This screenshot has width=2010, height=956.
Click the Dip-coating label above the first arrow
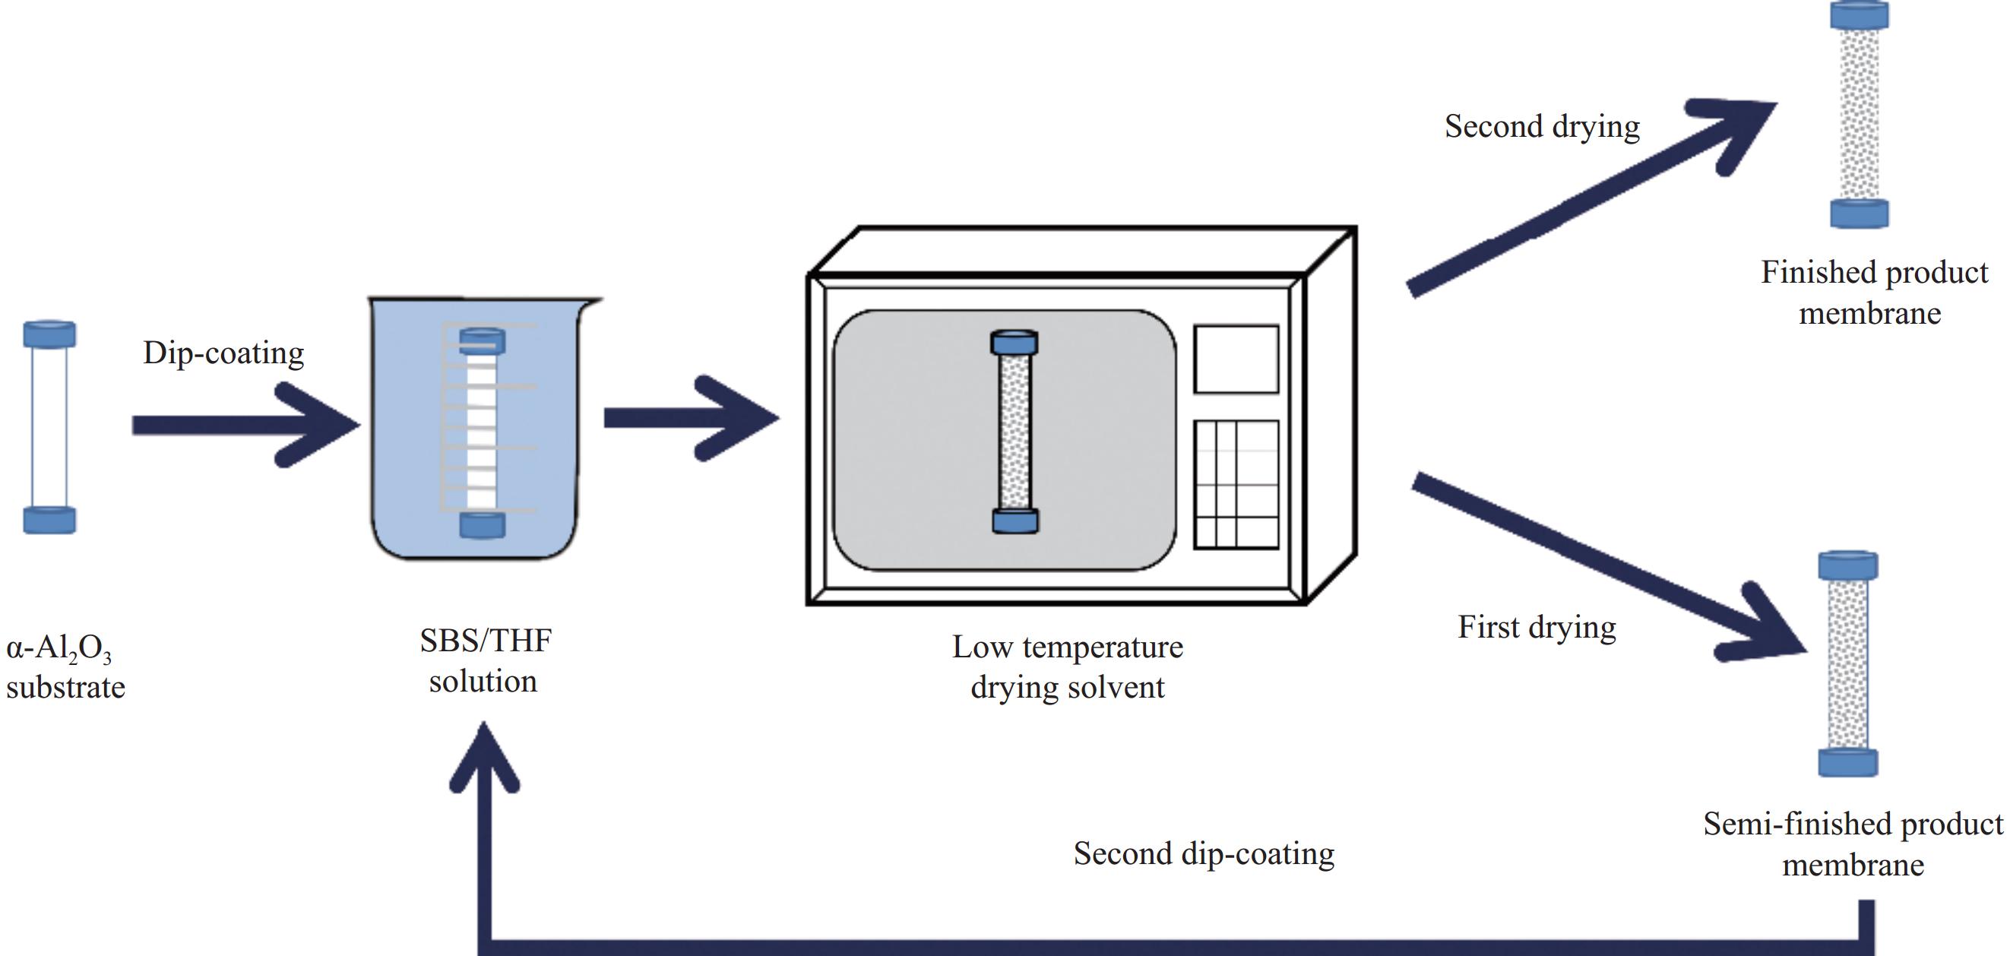[x=223, y=353]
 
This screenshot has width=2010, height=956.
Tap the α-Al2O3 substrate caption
[x=65, y=669]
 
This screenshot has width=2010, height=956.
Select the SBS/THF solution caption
[x=485, y=661]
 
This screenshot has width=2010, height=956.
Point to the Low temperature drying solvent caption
[x=1068, y=667]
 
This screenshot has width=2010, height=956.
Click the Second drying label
[x=1542, y=126]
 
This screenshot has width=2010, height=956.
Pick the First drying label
[x=1537, y=628]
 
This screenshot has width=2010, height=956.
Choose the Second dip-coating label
[x=1203, y=853]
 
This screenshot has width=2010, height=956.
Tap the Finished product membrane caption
[x=1873, y=293]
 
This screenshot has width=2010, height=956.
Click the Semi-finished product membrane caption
[x=1853, y=844]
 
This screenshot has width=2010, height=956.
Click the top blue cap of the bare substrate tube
[x=50, y=334]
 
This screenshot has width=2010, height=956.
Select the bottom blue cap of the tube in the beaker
[x=483, y=524]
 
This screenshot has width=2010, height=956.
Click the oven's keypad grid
[x=1236, y=485]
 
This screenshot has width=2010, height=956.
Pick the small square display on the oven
[x=1236, y=359]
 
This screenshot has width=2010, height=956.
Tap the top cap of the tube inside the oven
[x=1014, y=343]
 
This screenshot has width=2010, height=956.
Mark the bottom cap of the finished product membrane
[x=1860, y=213]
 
